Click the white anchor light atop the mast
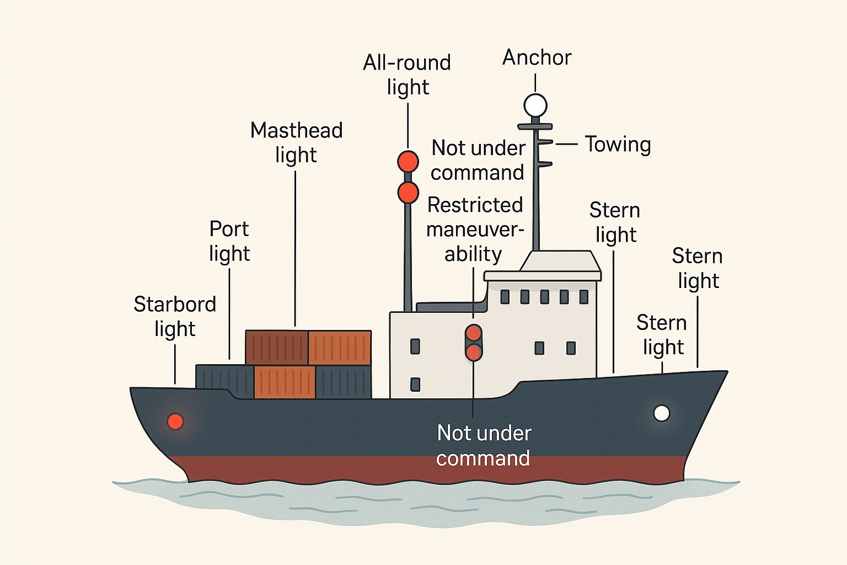535,105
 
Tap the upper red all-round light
408,161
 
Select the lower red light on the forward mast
408,192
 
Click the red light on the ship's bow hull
175,421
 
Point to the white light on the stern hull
662,413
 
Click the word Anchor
537,58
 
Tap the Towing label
618,145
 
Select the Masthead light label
297,143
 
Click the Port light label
229,241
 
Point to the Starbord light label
175,316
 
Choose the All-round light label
408,75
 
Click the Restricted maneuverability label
475,230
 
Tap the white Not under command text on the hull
484,445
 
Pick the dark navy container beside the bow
224,381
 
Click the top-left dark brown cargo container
277,348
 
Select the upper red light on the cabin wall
474,333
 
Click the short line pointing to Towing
566,144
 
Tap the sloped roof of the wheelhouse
560,261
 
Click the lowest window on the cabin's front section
415,384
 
